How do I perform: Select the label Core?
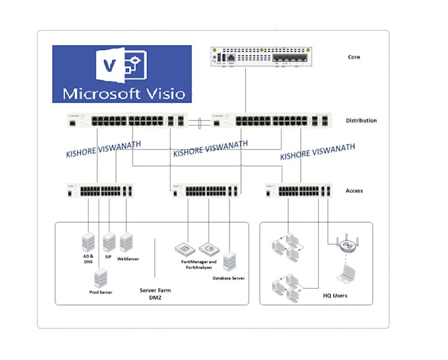[354, 57]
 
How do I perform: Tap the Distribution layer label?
[361, 120]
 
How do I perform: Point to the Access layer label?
[354, 191]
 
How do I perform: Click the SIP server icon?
[109, 242]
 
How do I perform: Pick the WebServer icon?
[126, 242]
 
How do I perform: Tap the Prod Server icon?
[100, 277]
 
